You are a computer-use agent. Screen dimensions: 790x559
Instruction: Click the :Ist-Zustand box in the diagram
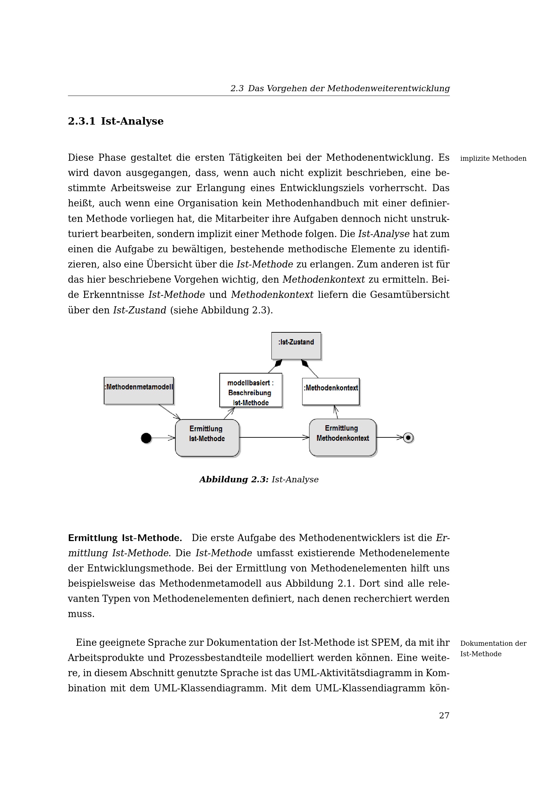click(296, 346)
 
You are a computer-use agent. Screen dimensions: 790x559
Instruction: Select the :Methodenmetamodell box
click(139, 390)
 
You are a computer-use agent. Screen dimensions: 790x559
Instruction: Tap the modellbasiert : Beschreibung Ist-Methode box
click(250, 390)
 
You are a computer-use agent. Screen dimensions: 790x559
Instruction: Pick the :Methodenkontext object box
click(331, 391)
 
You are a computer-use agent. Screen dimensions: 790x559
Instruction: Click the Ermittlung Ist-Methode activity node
click(207, 438)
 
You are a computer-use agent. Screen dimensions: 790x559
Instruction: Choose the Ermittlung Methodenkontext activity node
click(342, 437)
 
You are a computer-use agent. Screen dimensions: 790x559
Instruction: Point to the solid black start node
click(146, 438)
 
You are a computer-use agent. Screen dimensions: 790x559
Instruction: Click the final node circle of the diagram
click(408, 438)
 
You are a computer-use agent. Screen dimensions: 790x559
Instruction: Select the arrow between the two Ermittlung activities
click(274, 437)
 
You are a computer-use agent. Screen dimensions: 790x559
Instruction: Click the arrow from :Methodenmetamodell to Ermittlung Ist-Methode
click(169, 412)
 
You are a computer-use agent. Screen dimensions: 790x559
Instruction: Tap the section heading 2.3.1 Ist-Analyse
click(116, 121)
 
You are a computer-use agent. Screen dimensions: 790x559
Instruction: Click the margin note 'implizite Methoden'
click(493, 159)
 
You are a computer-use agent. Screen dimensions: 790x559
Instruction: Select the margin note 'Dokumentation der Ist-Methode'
click(493, 648)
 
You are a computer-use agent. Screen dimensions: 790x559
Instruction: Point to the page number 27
click(444, 716)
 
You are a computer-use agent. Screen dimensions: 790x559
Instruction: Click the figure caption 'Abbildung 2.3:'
click(234, 479)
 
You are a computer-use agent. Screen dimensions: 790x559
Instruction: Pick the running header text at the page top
click(340, 88)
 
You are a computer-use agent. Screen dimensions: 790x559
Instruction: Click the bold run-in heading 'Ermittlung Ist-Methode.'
click(125, 538)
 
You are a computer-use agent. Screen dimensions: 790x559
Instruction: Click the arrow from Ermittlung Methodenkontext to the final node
click(390, 437)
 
